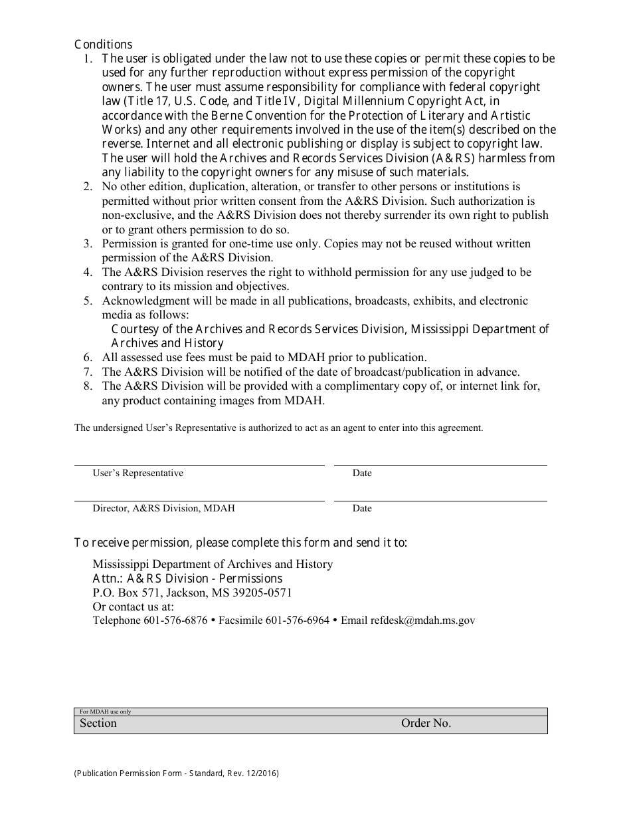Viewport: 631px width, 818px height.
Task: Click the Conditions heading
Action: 103,45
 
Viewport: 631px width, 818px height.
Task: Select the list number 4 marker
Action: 87,272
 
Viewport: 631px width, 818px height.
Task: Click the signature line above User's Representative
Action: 199,464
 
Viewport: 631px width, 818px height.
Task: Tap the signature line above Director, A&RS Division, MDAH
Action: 199,500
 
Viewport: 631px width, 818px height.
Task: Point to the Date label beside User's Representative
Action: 362,474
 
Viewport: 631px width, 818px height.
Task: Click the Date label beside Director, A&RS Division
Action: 362,509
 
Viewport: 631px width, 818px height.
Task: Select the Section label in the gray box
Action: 98,724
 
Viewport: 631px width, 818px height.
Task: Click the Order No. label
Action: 426,724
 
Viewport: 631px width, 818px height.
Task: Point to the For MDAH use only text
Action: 105,712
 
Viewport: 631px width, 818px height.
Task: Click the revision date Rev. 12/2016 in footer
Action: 250,773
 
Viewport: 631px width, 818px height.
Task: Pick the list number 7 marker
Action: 87,372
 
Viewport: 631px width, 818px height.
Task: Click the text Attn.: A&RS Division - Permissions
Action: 187,579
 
